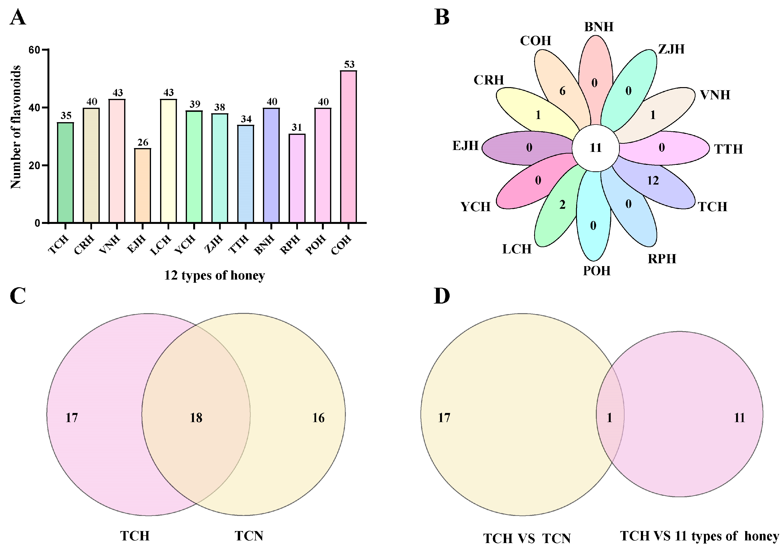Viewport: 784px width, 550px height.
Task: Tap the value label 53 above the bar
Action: [349, 64]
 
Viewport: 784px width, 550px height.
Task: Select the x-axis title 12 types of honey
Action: [215, 275]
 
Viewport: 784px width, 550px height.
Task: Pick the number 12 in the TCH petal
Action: [653, 180]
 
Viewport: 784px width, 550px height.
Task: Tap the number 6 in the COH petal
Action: [562, 91]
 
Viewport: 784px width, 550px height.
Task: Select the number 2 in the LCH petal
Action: [562, 205]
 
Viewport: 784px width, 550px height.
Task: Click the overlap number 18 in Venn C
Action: [196, 418]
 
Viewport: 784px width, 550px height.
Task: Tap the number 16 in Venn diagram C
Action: [318, 418]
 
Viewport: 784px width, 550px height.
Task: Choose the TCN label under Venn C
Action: [249, 536]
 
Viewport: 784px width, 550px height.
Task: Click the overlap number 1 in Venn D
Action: [610, 418]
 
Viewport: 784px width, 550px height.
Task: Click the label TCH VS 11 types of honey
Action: [699, 536]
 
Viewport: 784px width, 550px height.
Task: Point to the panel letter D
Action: [441, 296]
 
